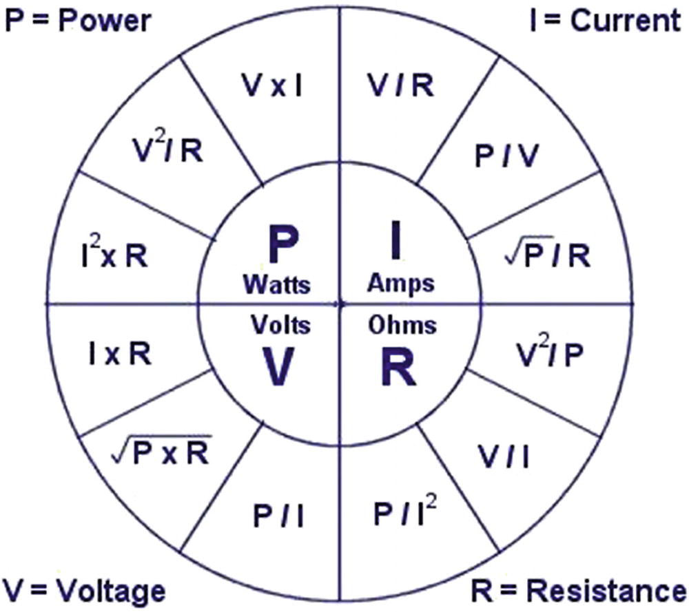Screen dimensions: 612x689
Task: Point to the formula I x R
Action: coord(119,354)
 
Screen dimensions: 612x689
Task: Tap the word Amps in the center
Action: coord(401,282)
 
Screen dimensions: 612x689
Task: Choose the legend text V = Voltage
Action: coord(84,591)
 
